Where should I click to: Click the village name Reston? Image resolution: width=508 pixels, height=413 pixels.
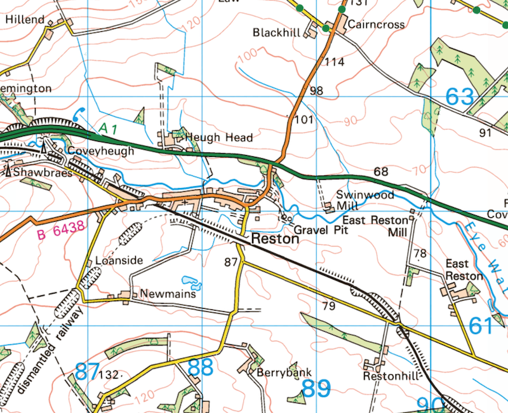coord(274,240)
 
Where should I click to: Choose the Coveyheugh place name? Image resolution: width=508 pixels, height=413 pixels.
coord(101,151)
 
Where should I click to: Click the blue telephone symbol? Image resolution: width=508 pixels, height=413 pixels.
coord(79,114)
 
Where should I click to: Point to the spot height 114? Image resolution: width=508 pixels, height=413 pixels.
coord(334,62)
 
